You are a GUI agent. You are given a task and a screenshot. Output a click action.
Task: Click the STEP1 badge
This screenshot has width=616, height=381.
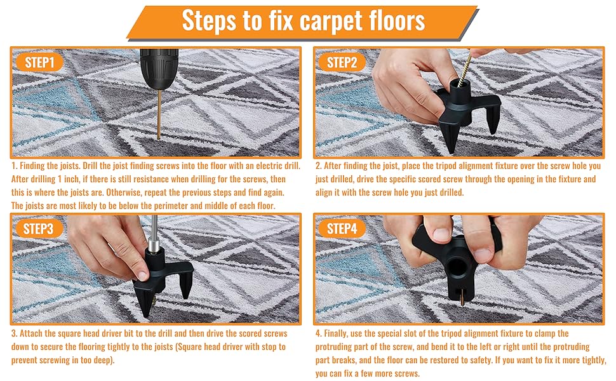pyautogui.click(x=44, y=62)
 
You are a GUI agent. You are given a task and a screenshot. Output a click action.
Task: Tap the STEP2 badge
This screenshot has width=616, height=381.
pyautogui.click(x=347, y=62)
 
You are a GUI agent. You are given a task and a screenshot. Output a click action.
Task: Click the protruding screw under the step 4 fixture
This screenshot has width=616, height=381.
pyautogui.click(x=462, y=296)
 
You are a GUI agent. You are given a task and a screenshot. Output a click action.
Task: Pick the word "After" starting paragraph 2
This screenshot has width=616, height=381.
pyautogui.click(x=336, y=166)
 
